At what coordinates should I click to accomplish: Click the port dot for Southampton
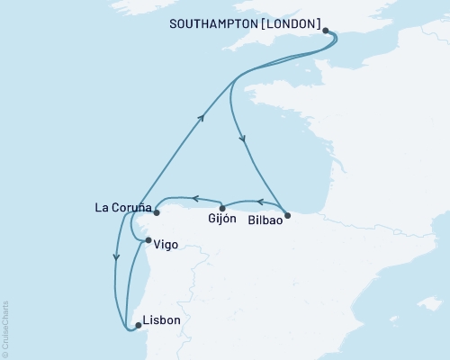point(326,31)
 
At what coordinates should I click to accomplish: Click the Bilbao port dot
point(287,215)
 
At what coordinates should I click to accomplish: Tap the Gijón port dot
point(222,209)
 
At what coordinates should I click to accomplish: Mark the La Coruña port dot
point(156,213)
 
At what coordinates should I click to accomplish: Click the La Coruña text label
point(121,208)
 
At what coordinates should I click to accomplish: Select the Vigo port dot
point(148,241)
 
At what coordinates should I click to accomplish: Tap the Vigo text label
point(166,244)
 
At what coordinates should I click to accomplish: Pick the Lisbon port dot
point(137,325)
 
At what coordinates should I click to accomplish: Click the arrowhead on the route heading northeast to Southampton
point(202,116)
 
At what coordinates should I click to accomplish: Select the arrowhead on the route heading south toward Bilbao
point(241,138)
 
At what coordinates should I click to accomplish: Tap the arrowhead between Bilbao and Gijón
point(259,202)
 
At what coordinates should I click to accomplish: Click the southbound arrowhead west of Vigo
point(115,256)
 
